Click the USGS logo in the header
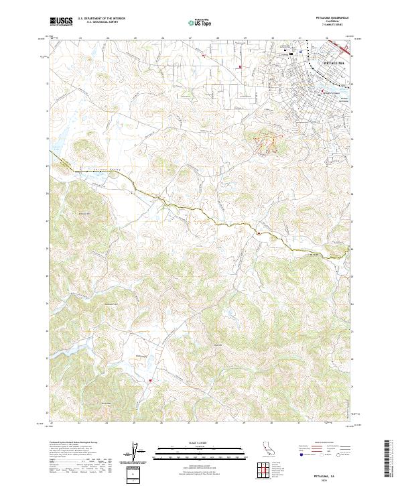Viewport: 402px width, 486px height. point(60,21)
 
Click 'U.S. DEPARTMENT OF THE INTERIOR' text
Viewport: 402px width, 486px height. point(101,19)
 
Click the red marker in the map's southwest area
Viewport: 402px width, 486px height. point(150,381)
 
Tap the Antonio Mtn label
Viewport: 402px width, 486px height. point(84,213)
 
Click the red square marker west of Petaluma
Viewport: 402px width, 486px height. point(241,66)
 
